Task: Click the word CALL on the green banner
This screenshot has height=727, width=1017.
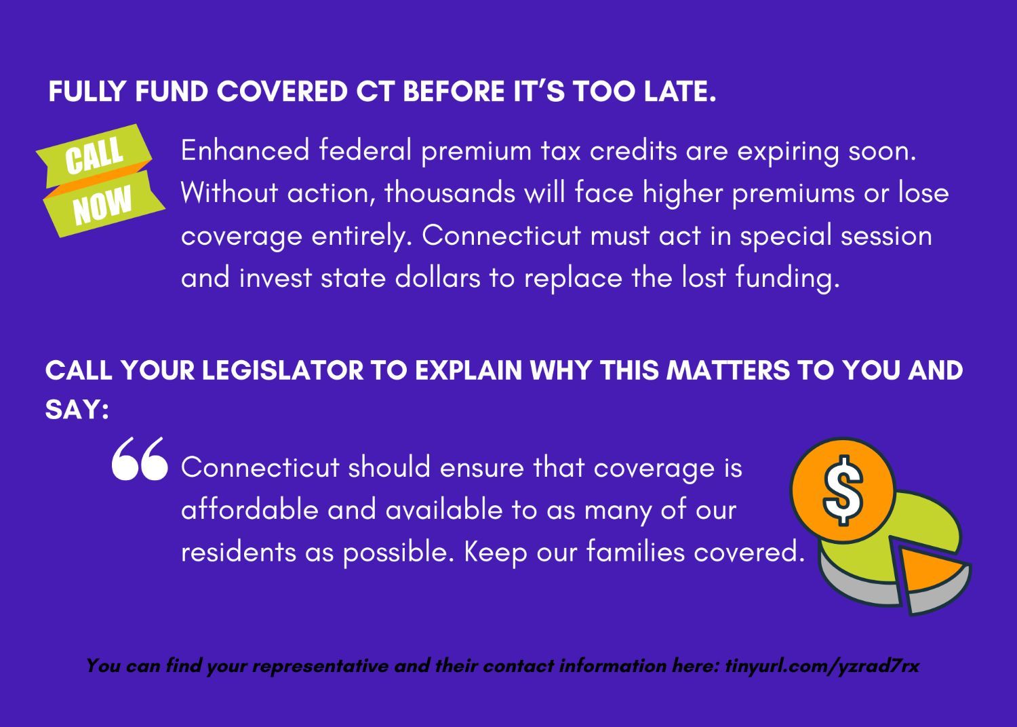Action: coord(94,155)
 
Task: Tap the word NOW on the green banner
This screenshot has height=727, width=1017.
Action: coord(102,205)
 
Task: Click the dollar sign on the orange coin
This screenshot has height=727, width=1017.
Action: coord(843,490)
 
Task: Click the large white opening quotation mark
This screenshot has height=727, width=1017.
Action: coord(140,458)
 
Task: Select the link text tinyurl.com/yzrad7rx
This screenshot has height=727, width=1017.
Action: coord(822,666)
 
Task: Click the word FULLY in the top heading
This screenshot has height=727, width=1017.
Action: coord(87,92)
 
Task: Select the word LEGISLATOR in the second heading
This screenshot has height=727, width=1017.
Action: coord(283,370)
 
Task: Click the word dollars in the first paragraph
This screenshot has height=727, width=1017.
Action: coord(437,277)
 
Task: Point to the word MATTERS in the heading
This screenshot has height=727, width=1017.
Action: coord(727,370)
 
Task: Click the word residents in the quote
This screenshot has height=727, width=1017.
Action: coord(239,552)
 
